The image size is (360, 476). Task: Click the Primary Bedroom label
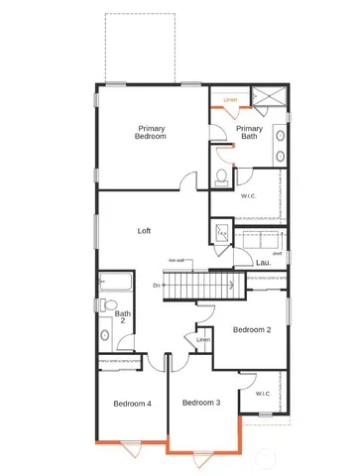coord(151,132)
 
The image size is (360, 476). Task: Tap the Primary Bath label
coord(249,132)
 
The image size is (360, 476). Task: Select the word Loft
coord(144,230)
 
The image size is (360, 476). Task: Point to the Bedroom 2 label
coord(252,329)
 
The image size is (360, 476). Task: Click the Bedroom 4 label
coord(132,404)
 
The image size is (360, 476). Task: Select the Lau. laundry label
coord(263,263)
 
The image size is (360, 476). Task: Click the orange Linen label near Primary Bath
coord(230,99)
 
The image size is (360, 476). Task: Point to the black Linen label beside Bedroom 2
coord(203,340)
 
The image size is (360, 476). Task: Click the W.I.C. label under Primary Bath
coord(249,195)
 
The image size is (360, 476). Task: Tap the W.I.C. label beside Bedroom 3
coord(263,394)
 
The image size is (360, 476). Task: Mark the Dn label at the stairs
coord(157,286)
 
